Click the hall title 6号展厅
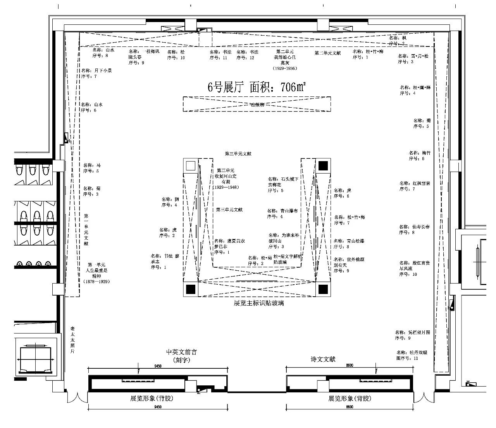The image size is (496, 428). click(225, 88)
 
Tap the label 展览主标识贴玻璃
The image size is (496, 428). click(258, 303)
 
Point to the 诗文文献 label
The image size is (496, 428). click(323, 359)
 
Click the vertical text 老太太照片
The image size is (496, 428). click(72, 340)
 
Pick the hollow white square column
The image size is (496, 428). click(190, 166)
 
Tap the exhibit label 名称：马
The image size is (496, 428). click(92, 168)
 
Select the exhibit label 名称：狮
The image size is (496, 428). click(170, 202)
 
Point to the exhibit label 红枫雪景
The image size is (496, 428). click(415, 186)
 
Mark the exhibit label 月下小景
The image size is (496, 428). click(97, 73)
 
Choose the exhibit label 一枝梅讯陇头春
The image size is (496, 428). click(143, 57)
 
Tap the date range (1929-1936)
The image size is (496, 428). click(285, 68)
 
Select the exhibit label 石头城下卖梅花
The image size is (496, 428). click(283, 184)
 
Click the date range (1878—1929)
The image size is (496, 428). click(96, 282)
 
